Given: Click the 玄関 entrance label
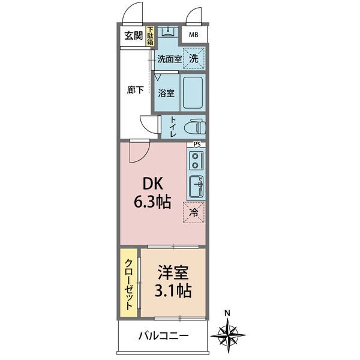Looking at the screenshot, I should pyautogui.click(x=133, y=35).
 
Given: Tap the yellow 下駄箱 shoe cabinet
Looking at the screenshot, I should pyautogui.click(x=150, y=37).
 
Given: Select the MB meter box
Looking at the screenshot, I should pyautogui.click(x=193, y=35).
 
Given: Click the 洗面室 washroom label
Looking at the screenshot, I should pyautogui.click(x=169, y=59).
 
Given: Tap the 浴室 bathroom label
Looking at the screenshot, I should pyautogui.click(x=166, y=93).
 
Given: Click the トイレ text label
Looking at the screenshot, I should pyautogui.click(x=173, y=127).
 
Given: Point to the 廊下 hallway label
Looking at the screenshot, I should pyautogui.click(x=135, y=90).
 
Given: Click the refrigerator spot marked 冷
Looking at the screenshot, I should pyautogui.click(x=194, y=212).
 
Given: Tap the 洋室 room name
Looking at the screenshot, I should pyautogui.click(x=172, y=274).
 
